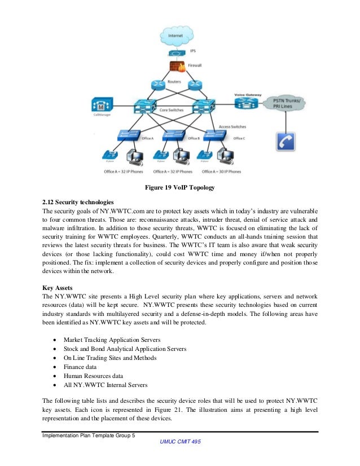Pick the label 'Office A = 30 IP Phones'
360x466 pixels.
click(x=221, y=172)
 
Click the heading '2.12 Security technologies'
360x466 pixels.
click(x=78, y=201)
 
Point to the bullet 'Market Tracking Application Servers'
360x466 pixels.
click(x=112, y=340)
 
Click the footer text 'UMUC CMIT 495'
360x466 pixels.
click(x=179, y=442)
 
